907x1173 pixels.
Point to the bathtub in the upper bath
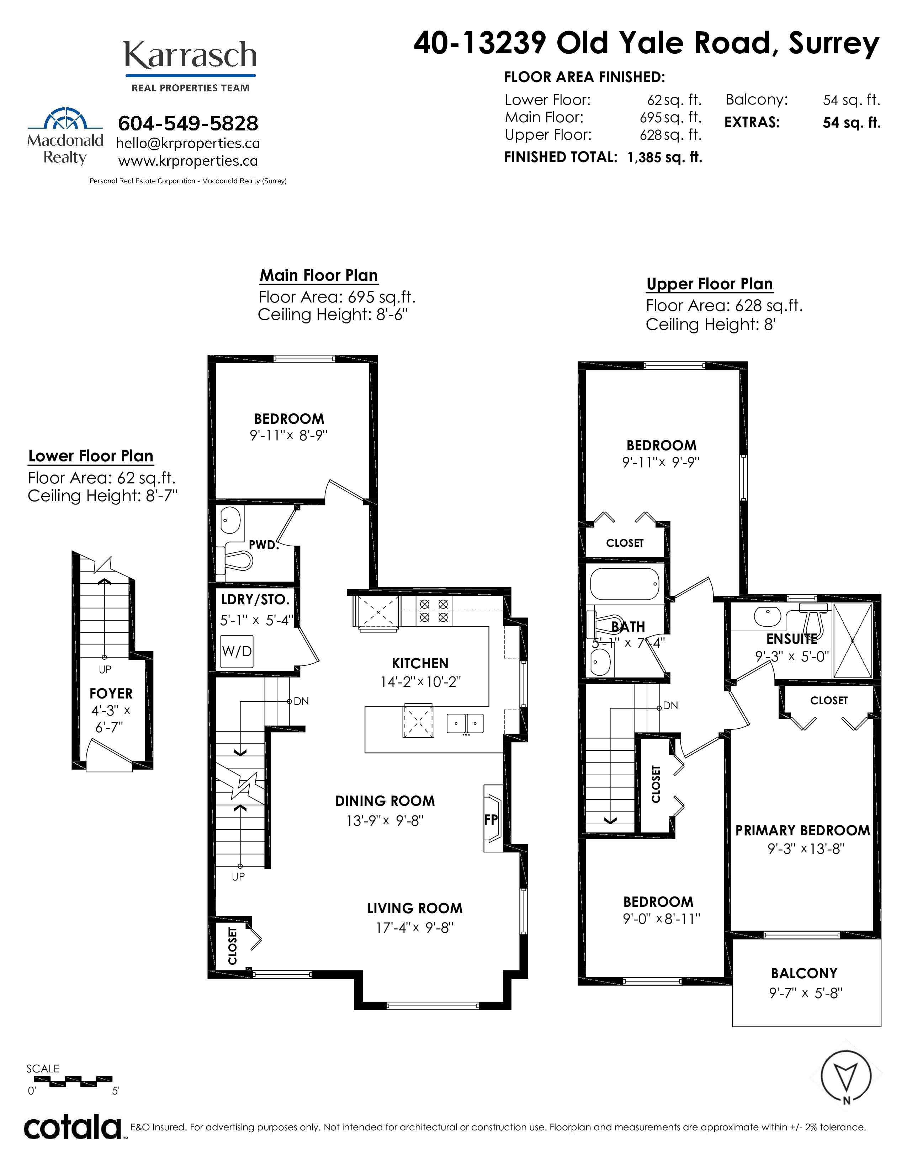click(x=624, y=584)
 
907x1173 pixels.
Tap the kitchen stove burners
click(x=434, y=611)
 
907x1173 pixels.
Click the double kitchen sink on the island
click(x=465, y=723)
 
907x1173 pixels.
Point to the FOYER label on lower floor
click(x=111, y=693)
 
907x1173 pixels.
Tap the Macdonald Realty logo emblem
click(x=65, y=118)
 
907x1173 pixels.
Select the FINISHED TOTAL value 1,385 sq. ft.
click(x=665, y=157)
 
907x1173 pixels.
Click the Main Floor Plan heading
click(x=319, y=275)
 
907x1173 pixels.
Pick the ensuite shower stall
click(x=853, y=640)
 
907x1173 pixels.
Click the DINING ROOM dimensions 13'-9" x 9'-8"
click(x=385, y=821)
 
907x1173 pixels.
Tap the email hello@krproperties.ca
click(x=188, y=143)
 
